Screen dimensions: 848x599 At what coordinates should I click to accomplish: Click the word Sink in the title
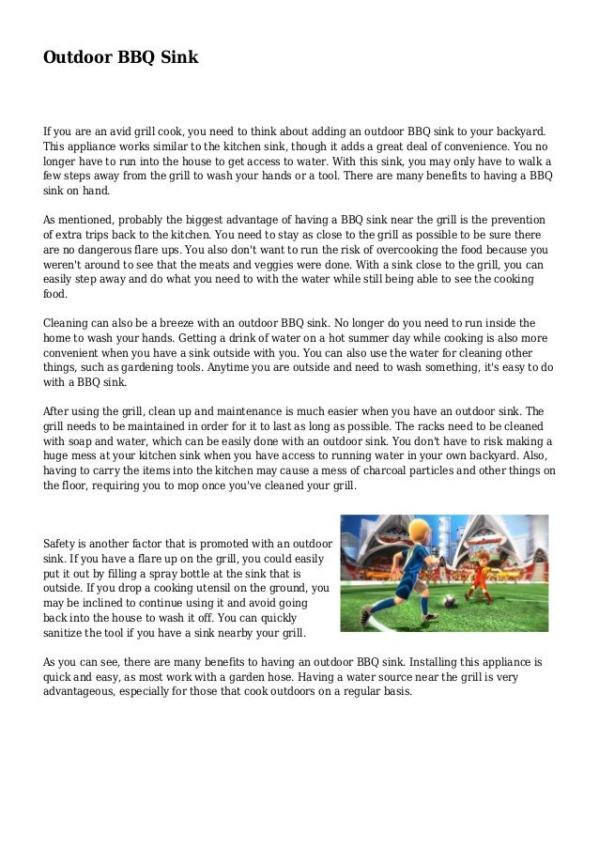(177, 57)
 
